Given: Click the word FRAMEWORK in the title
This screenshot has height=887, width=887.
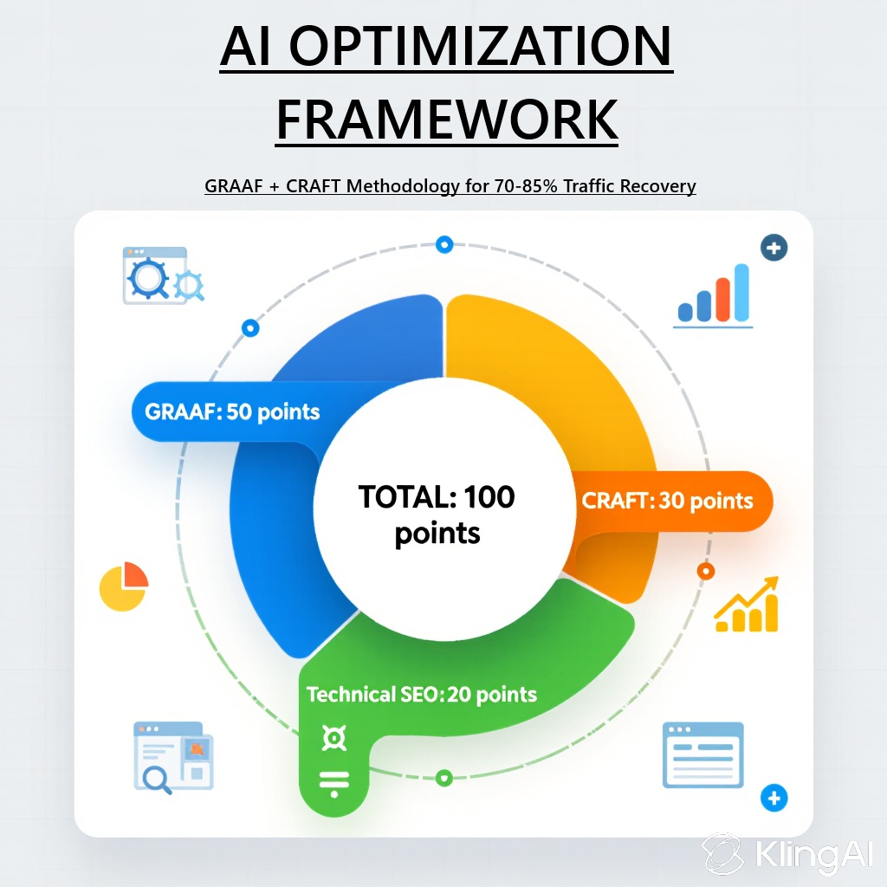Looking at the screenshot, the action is [447, 120].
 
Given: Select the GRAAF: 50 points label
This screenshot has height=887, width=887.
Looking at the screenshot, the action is [232, 411].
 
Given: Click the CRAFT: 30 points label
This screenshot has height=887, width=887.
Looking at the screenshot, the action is [668, 501].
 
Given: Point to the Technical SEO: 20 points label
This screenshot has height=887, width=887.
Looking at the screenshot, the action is [422, 694].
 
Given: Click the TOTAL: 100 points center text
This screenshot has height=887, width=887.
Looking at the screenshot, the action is [437, 515].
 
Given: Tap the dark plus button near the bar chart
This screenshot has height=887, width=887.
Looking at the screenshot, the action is [774, 248].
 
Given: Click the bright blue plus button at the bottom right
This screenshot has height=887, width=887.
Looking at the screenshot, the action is [774, 798].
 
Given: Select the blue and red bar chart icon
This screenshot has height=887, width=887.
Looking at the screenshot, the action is [714, 295].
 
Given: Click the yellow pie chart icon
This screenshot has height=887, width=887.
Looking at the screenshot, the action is [123, 586].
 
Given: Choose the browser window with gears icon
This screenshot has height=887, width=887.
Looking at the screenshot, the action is [163, 275].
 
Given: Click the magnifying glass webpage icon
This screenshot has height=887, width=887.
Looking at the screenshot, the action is [173, 757].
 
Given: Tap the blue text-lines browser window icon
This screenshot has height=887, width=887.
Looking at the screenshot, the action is [702, 754].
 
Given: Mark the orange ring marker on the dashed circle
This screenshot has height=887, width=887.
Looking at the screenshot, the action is [705, 572].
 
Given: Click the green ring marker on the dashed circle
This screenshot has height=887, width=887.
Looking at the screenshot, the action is [444, 779].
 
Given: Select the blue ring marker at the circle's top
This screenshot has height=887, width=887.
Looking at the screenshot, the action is [444, 244].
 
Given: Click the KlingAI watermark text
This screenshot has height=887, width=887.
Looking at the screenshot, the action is [813, 854].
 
